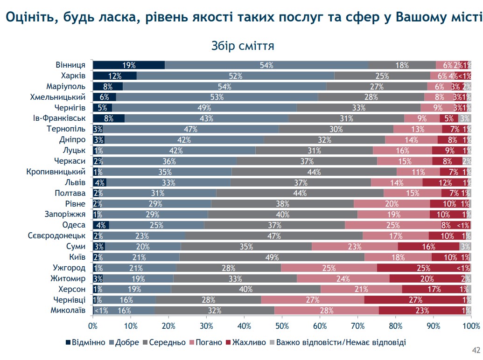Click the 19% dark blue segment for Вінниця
pos(129,65)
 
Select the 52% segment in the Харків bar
pos(235,76)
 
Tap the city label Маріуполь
pos(65,86)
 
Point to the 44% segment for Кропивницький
pos(314,172)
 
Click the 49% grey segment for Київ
pos(272,257)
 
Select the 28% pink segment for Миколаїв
pos(326,311)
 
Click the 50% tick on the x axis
pos(282,325)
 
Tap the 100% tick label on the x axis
pos(470,325)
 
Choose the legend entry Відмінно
pos(85,343)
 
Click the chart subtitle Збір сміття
pos(242,46)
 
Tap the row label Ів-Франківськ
pos(59,118)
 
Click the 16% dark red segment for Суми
pos(428,247)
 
